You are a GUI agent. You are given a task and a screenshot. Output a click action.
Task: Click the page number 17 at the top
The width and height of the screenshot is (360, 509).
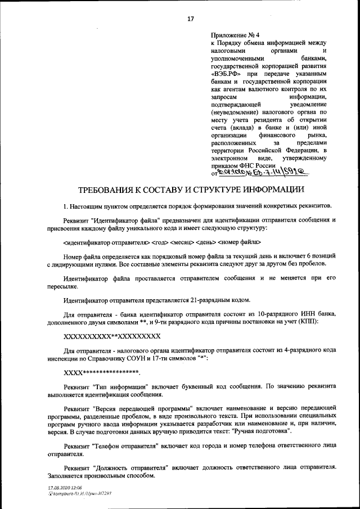pyautogui.click(x=190, y=19)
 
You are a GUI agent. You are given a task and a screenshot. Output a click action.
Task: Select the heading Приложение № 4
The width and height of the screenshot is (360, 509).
pyautogui.click(x=232, y=34)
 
